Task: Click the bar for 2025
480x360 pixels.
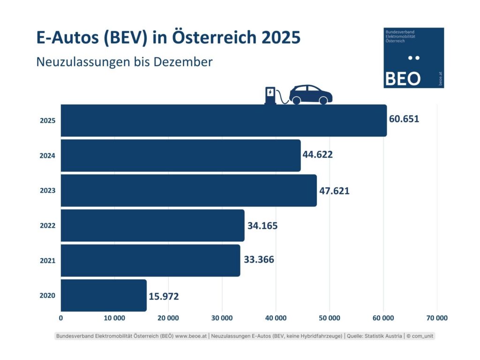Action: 224,120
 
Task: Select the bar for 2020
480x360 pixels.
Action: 104,295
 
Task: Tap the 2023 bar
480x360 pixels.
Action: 188,190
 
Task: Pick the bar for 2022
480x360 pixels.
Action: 152,225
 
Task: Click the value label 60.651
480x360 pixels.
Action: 404,119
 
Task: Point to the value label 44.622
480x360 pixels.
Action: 318,154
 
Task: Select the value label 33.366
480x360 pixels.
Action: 259,259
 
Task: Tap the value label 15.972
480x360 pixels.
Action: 164,296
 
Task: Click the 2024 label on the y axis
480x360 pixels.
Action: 47,156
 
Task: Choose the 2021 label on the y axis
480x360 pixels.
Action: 47,261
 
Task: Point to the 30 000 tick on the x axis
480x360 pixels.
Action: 222,318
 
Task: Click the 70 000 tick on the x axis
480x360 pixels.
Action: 437,318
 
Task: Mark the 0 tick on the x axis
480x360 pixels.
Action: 61,318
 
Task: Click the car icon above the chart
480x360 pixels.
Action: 311,94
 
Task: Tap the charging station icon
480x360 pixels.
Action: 270,95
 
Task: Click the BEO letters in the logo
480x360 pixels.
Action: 402,79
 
